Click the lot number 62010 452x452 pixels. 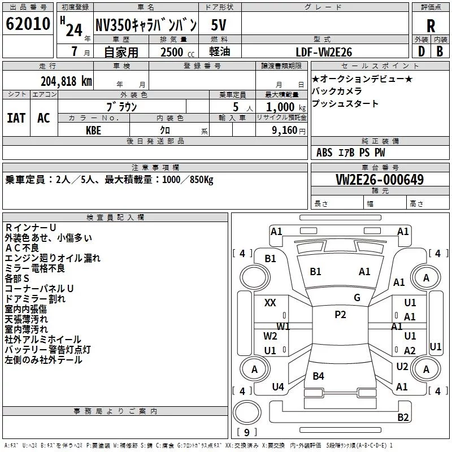(x=28, y=24)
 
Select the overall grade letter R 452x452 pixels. (x=431, y=26)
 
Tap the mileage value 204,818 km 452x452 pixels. (x=66, y=81)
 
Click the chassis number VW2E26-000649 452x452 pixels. (x=380, y=180)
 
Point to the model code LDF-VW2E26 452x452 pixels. (x=324, y=52)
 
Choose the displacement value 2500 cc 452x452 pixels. (x=177, y=52)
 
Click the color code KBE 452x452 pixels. (x=93, y=131)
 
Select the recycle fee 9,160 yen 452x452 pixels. (x=289, y=131)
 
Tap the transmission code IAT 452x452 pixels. (x=16, y=118)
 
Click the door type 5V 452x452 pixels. (x=219, y=25)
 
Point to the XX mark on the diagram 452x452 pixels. (x=270, y=303)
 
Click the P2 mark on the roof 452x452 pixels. (x=340, y=315)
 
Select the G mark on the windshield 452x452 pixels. (x=357, y=298)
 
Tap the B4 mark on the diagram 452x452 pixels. (x=318, y=376)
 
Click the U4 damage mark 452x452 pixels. (x=278, y=386)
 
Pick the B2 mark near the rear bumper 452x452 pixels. (x=403, y=417)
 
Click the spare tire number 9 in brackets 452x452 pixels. (x=247, y=432)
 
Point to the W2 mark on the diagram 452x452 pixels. (x=270, y=336)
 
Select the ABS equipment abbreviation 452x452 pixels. (x=324, y=153)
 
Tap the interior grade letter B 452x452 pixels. (x=440, y=51)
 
